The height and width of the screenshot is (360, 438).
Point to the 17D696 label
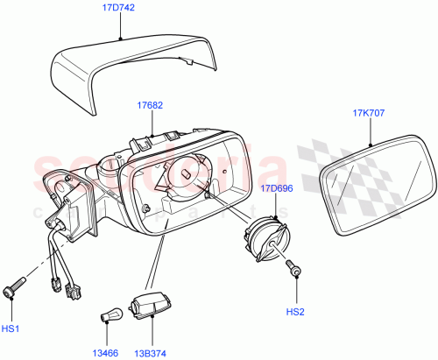pyautogui.click(x=277, y=187)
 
